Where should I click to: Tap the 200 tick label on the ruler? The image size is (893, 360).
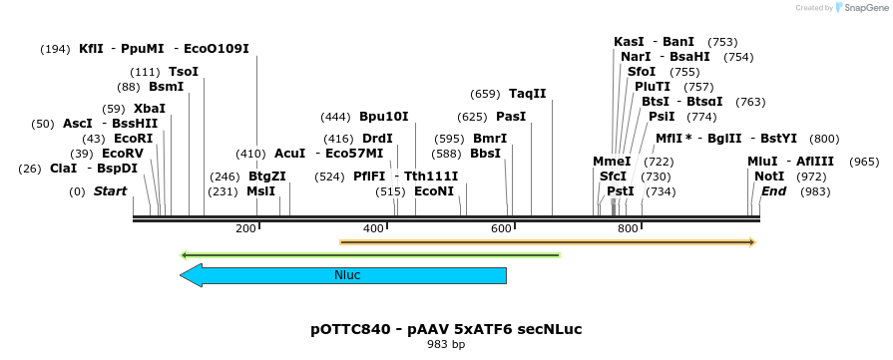(x=245, y=229)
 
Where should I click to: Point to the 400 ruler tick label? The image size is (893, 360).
(x=373, y=229)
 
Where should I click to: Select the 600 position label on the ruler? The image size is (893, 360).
(x=501, y=229)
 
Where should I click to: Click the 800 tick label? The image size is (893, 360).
(x=628, y=229)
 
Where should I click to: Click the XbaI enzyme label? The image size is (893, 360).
(x=149, y=108)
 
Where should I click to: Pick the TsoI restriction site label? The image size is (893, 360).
(x=184, y=72)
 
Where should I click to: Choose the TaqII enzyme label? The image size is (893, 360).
(x=528, y=94)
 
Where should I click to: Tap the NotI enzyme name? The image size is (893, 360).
(x=769, y=176)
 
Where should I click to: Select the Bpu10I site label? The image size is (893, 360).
(x=383, y=116)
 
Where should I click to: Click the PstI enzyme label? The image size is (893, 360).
(x=621, y=190)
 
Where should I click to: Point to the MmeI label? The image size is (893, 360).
(x=612, y=161)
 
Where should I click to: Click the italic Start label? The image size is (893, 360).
(x=111, y=190)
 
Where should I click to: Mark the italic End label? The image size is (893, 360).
(x=774, y=190)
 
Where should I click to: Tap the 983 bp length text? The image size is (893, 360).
(x=446, y=345)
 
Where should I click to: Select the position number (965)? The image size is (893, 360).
(x=864, y=161)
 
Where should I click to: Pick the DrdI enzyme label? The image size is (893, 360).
(x=377, y=139)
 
